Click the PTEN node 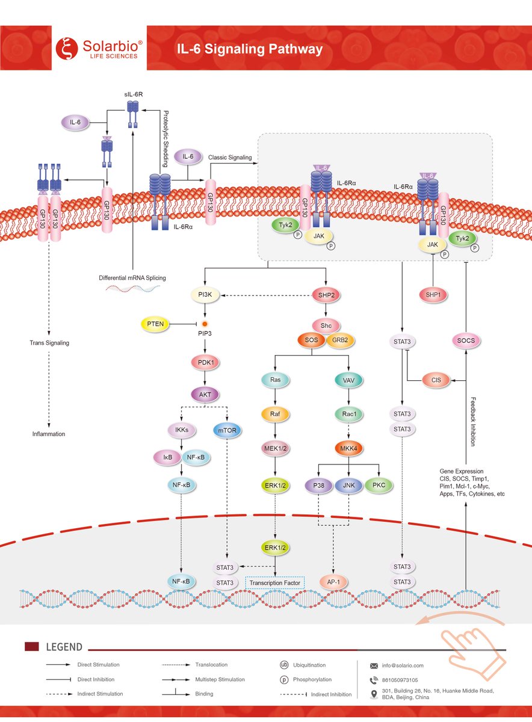pyautogui.click(x=155, y=324)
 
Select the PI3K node pyautogui.click(x=205, y=295)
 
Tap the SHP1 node pyautogui.click(x=433, y=295)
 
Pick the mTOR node pyautogui.click(x=227, y=430)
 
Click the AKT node pyautogui.click(x=205, y=395)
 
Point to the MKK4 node pyautogui.click(x=348, y=448)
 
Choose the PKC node pyautogui.click(x=379, y=485)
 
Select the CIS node pyautogui.click(x=436, y=380)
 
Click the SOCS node pyautogui.click(x=466, y=341)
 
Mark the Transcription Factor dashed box pyautogui.click(x=274, y=583)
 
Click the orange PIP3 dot pyautogui.click(x=205, y=324)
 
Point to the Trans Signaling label pyautogui.click(x=49, y=342)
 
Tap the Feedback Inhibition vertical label pyautogui.click(x=473, y=422)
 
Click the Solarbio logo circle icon pyautogui.click(x=67, y=48)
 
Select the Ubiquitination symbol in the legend pyautogui.click(x=283, y=665)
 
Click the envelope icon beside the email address pyautogui.click(x=374, y=666)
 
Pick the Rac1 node pyautogui.click(x=349, y=414)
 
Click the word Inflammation pyautogui.click(x=49, y=434)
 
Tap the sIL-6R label pyautogui.click(x=134, y=94)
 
